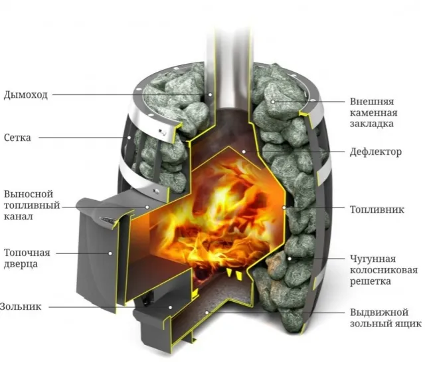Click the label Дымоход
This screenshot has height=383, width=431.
[25, 95]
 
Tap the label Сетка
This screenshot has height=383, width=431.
[17, 138]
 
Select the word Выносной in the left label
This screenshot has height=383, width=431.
[29, 194]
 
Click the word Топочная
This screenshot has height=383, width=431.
[27, 253]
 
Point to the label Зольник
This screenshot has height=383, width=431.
[21, 307]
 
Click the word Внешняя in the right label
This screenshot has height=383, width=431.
[372, 102]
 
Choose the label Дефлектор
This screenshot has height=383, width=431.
[375, 152]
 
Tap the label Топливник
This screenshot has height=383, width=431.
[377, 209]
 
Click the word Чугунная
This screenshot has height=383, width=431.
[373, 259]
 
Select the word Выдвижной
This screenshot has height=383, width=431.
[379, 313]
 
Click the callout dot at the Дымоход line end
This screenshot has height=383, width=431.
[210, 94]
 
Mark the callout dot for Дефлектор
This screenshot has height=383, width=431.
[244, 152]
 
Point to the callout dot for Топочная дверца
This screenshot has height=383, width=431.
[110, 253]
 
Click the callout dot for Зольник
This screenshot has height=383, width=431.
[171, 307]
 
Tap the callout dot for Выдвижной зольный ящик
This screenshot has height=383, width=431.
[207, 313]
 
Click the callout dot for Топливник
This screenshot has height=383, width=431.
[284, 207]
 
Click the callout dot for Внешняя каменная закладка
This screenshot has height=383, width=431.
[273, 102]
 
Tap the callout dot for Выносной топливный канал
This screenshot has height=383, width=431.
[147, 207]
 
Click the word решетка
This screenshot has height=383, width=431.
[371, 281]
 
